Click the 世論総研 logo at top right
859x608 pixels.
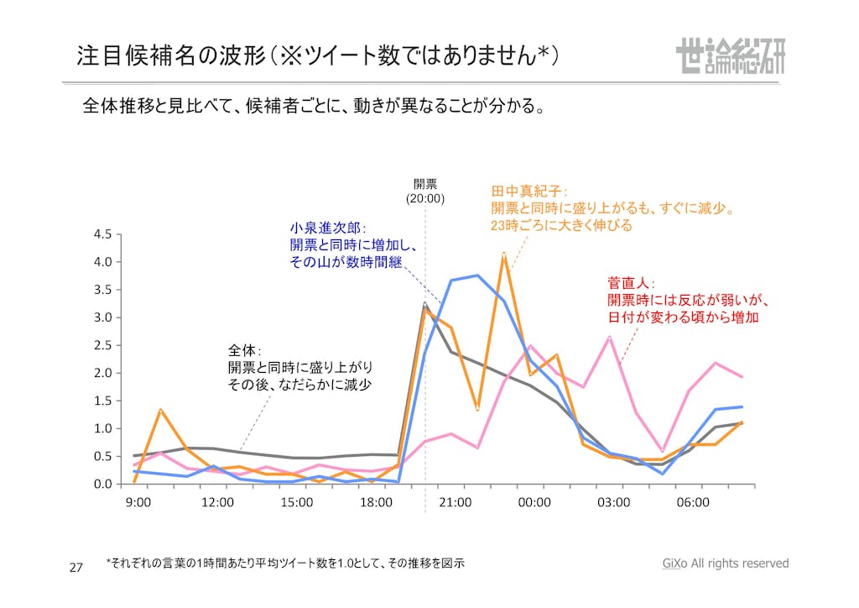point(730,56)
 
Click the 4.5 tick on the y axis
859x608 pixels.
point(102,234)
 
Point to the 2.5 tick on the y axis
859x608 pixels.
point(102,345)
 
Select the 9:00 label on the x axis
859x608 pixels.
point(138,502)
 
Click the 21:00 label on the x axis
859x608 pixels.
point(455,502)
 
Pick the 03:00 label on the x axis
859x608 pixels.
point(613,502)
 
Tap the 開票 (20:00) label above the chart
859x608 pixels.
point(425,191)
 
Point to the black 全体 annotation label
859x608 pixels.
point(245,350)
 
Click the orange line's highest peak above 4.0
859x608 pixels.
point(503,254)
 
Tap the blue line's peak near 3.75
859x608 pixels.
point(477,275)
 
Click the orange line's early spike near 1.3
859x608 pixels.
point(160,410)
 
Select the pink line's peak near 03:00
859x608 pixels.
point(610,337)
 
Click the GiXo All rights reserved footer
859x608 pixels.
point(725,563)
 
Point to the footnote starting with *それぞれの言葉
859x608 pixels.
point(285,563)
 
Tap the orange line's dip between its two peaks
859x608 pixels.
point(477,409)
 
